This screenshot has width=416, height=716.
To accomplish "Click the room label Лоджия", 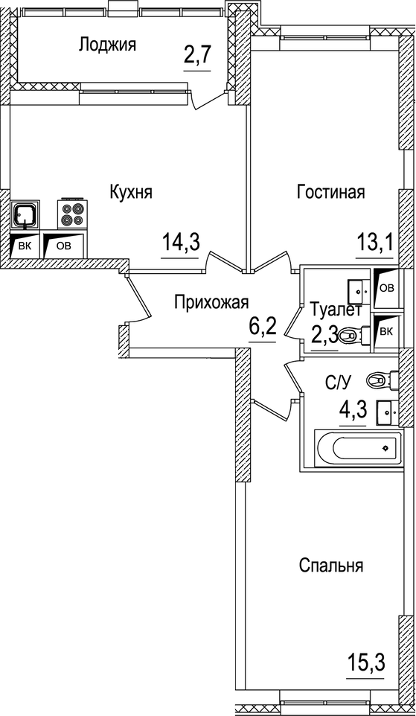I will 107,45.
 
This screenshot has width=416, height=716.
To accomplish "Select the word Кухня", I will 130,192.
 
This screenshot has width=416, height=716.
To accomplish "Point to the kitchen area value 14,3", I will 182,242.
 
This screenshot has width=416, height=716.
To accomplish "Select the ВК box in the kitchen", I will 25,245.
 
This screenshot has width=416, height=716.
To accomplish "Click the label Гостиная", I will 330,192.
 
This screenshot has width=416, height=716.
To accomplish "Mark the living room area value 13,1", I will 374,242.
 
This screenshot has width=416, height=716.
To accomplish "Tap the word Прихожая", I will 211,301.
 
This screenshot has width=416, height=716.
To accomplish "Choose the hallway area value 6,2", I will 261,326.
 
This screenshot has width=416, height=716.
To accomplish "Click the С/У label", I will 338,383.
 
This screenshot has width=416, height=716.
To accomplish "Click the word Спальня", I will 330,566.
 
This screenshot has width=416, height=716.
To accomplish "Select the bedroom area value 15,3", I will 366,660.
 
